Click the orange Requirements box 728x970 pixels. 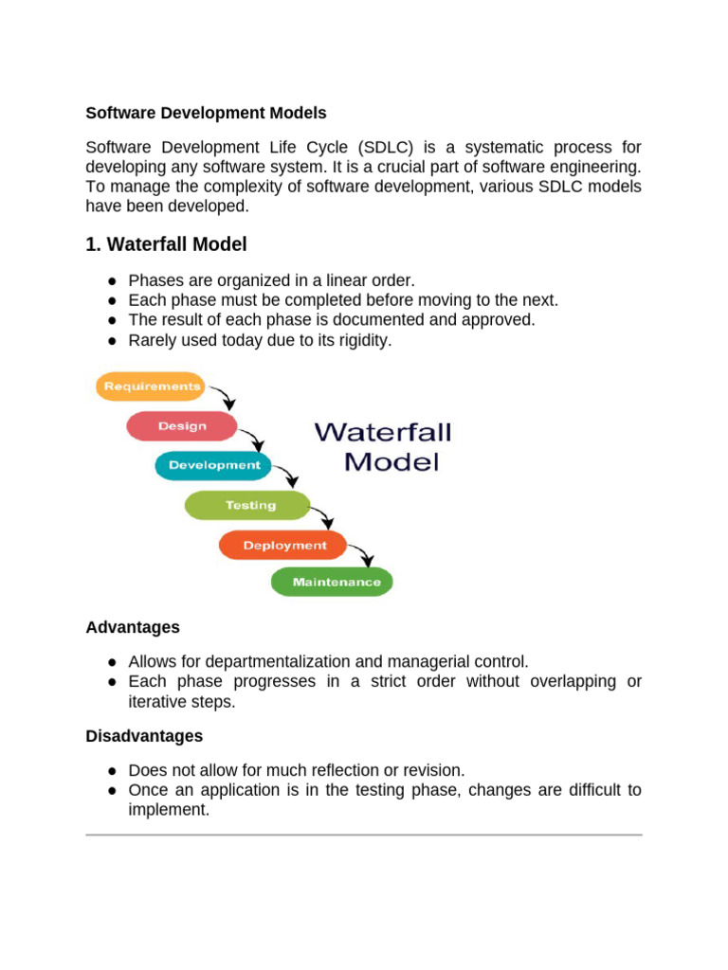coord(152,386)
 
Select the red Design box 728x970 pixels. coord(182,426)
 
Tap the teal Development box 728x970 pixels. coord(214,465)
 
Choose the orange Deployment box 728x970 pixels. coord(284,545)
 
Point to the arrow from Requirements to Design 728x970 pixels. coord(224,396)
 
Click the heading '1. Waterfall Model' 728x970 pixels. coord(166,244)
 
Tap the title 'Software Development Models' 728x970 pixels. coord(206,113)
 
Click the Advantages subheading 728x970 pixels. coord(133,627)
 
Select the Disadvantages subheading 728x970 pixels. coord(144,735)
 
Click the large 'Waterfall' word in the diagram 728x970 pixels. coord(383,433)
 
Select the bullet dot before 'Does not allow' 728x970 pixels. coord(112,771)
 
